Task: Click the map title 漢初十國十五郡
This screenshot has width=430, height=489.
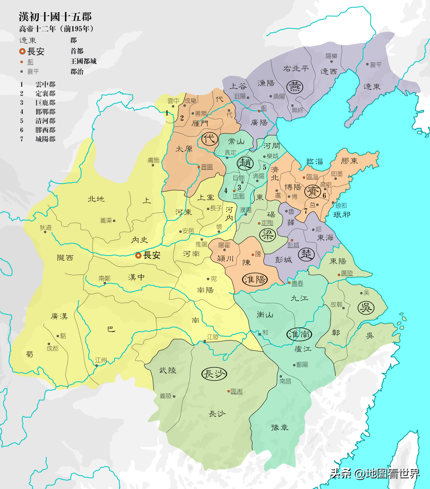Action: (x=55, y=17)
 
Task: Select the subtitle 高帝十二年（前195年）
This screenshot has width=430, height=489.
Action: (x=57, y=29)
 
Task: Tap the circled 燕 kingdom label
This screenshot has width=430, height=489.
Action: (x=295, y=87)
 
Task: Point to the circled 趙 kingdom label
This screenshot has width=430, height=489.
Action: (x=245, y=163)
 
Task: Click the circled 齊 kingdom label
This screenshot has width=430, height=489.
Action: (x=312, y=191)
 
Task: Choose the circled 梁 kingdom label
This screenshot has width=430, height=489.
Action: (x=267, y=235)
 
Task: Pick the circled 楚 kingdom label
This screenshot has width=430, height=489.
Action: (x=306, y=255)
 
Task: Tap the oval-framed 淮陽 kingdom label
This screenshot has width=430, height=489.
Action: (x=255, y=279)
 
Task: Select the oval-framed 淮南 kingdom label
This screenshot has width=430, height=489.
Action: (x=299, y=334)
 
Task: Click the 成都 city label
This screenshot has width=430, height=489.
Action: (x=53, y=348)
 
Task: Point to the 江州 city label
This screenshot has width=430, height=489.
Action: (x=101, y=360)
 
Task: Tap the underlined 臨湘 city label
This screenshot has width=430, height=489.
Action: (x=236, y=391)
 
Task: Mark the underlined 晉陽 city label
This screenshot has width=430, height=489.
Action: (x=207, y=167)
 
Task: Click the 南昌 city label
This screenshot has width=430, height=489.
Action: (x=285, y=381)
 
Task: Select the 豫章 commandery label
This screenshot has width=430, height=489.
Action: (x=280, y=427)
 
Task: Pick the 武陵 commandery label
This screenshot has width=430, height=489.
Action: (x=168, y=370)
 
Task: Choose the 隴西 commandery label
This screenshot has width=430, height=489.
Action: (x=65, y=258)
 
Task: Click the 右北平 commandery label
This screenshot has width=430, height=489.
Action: (x=296, y=69)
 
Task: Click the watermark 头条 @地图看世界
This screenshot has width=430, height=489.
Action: (x=374, y=473)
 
